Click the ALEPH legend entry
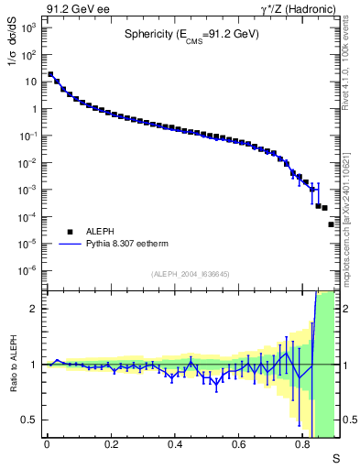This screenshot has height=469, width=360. [x=90, y=232]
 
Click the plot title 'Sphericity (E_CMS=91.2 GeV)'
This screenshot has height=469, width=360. [x=191, y=36]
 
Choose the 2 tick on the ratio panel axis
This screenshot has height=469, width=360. [x=34, y=309]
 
